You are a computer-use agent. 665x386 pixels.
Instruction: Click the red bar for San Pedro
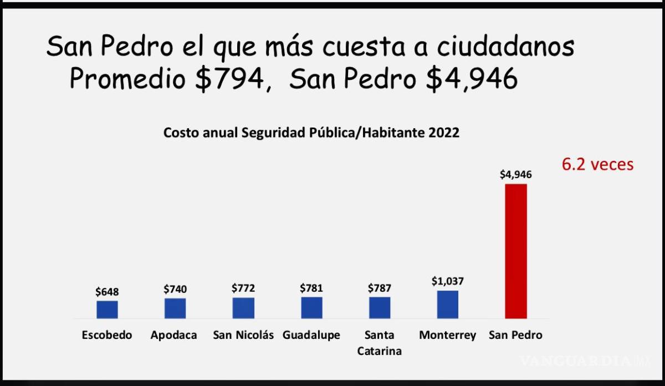pos(515,251)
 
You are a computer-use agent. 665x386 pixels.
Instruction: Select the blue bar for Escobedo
pos(107,309)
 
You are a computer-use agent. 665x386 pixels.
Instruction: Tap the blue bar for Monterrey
pos(447,304)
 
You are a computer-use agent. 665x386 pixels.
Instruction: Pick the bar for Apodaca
pos(175,308)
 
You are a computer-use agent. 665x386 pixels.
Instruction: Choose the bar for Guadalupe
pos(311,308)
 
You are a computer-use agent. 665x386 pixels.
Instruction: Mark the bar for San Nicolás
pos(243,308)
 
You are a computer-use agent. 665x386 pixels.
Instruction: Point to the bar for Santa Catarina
pos(380,308)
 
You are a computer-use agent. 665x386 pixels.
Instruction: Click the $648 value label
pos(107,292)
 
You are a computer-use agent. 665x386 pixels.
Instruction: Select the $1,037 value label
pos(447,281)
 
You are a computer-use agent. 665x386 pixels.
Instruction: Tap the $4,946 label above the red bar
pos(515,175)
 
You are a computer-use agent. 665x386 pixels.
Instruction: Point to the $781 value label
pos(311,288)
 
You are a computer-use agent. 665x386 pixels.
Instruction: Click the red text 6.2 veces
pos(597,165)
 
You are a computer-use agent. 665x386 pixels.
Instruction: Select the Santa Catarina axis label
pos(380,343)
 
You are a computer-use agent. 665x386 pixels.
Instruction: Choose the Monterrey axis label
pos(447,336)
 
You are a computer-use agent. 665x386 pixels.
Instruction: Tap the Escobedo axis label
pos(107,336)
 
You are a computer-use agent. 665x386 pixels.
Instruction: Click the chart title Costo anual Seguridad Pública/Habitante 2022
pos(311,134)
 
